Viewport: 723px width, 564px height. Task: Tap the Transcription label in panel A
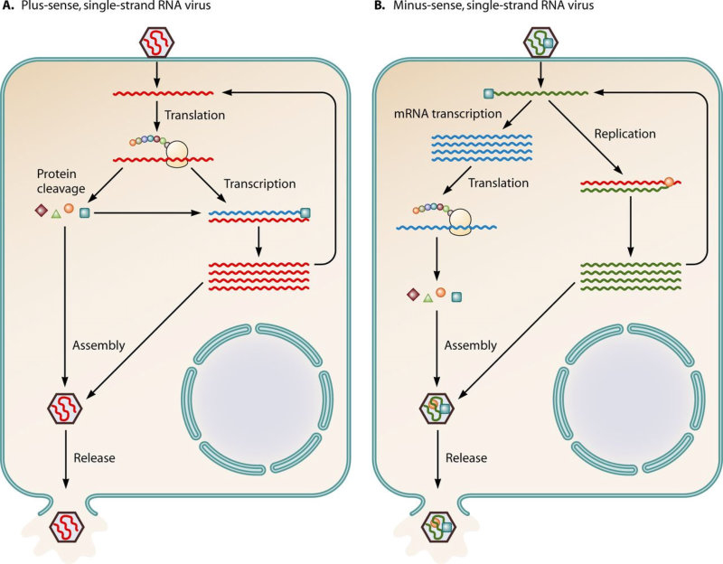pyautogui.click(x=262, y=183)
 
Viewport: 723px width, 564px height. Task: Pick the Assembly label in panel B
pyautogui.click(x=471, y=345)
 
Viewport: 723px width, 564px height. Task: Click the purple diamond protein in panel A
pyautogui.click(x=41, y=211)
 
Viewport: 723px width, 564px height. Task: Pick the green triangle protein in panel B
pyautogui.click(x=427, y=296)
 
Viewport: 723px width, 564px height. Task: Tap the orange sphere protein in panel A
pyautogui.click(x=69, y=209)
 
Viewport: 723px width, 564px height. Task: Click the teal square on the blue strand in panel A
pyautogui.click(x=305, y=213)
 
